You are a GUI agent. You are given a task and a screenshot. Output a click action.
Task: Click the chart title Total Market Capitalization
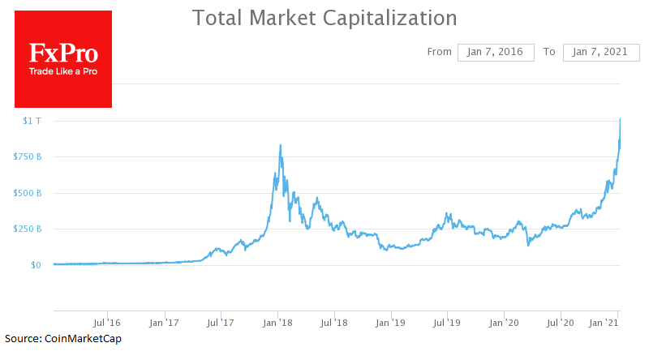tap(324, 17)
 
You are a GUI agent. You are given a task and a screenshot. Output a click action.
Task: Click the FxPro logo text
tap(63, 54)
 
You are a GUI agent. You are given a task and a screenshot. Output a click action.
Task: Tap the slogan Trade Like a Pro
tap(63, 72)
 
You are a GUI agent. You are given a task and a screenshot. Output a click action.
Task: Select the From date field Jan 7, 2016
tap(496, 52)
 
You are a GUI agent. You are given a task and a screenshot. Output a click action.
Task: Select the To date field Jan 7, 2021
tap(601, 52)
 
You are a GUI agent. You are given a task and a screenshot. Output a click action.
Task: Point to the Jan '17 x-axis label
tap(165, 323)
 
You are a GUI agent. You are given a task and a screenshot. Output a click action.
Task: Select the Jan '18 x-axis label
tap(278, 323)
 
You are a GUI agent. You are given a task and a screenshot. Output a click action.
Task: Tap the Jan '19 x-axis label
tap(392, 323)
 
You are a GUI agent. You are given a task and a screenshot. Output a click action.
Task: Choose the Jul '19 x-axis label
tap(448, 323)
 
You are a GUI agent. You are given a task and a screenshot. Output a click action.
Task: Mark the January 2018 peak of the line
tap(281, 145)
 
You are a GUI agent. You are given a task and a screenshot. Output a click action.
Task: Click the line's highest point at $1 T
tap(621, 119)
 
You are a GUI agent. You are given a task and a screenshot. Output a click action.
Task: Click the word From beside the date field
tap(439, 52)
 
